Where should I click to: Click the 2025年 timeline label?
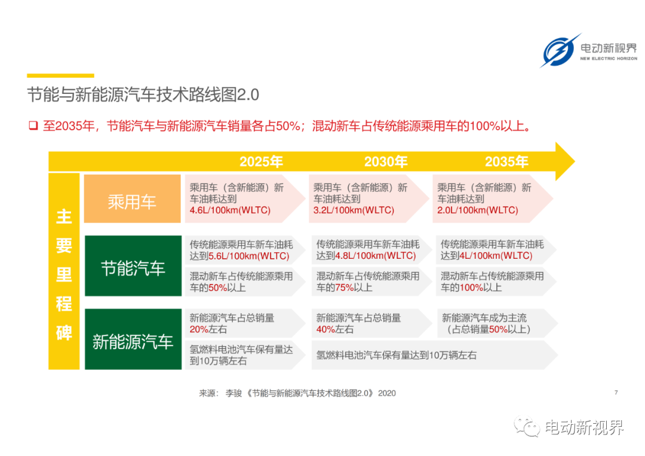261,161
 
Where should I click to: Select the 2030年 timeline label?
385,161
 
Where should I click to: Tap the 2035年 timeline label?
506,161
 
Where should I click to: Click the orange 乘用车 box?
132,199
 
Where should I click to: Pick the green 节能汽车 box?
133,266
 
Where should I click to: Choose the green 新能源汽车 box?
133,339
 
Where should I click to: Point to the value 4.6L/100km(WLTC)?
230,210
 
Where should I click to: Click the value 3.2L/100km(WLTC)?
354,210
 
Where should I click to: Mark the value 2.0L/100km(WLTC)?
478,210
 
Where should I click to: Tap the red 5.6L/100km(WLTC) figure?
249,256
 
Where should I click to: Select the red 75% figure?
345,287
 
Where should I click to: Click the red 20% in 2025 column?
199,329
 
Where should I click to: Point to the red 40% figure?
325,329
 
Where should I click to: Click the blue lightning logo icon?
560,51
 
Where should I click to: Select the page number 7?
616,393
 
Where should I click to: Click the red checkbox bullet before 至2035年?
33,125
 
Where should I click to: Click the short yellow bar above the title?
60,75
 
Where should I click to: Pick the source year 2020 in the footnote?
386,393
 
